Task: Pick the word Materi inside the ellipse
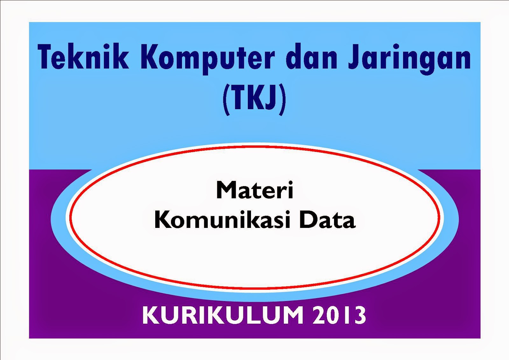[x=254, y=191]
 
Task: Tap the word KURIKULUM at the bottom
[x=223, y=315]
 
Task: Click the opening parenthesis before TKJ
[x=226, y=100]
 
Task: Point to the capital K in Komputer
[x=150, y=56]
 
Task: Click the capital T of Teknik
[x=45, y=56]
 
